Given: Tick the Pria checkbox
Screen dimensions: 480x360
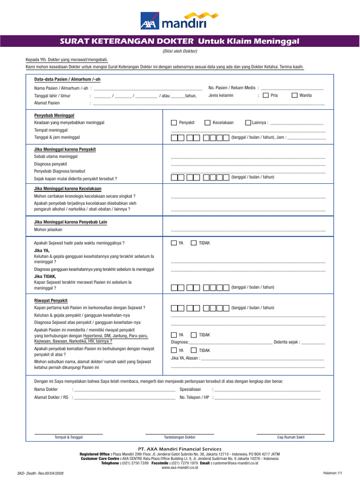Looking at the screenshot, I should coord(266,96).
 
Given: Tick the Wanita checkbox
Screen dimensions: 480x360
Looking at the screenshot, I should coord(294,96).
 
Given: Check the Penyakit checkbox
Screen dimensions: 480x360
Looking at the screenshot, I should coord(174,123).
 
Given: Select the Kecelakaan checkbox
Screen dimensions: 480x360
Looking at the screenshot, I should coord(207,123).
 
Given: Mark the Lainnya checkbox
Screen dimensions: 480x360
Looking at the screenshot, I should coord(248,123).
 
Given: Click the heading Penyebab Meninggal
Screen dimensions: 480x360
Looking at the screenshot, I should coord(54,115).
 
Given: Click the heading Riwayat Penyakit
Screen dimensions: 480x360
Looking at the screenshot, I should coord(51,300).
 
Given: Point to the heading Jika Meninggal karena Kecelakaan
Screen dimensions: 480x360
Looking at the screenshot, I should coord(67,188).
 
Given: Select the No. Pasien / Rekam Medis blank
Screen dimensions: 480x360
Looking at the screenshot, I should coord(292,88).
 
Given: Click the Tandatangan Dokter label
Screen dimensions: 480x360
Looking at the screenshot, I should coord(180,437).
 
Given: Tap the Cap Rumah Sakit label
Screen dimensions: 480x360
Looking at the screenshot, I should coord(291,437).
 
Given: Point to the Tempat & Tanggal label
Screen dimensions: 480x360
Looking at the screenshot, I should coord(68,437).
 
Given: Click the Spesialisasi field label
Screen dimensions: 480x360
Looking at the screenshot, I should coord(190,390).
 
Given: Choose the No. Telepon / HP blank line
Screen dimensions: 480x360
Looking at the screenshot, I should coord(267,397).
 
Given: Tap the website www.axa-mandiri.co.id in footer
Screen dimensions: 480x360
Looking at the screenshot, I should coord(180,467).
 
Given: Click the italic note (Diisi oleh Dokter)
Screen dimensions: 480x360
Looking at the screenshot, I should coord(180,51).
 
